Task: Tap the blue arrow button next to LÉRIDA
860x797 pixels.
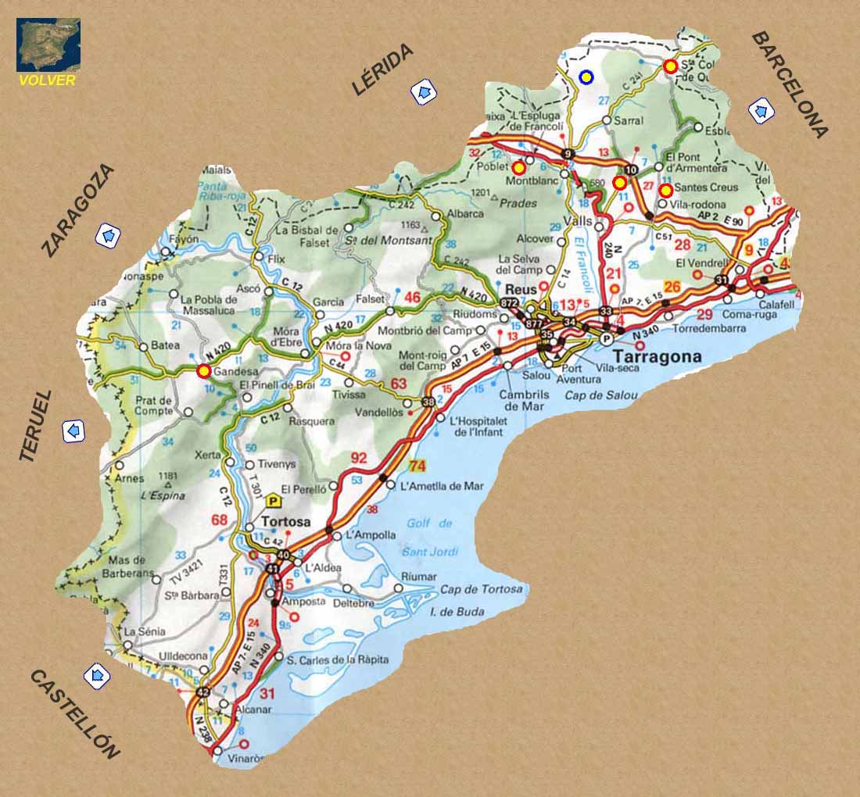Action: click(424, 93)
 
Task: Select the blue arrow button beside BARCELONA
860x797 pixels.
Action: click(761, 110)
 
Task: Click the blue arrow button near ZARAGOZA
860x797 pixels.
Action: click(108, 234)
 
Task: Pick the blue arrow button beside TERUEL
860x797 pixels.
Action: click(74, 431)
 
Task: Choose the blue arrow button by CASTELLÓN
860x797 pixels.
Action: click(97, 675)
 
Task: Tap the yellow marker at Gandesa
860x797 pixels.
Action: click(204, 371)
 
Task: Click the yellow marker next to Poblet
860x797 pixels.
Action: click(518, 168)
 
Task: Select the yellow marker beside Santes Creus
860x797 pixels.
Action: click(665, 190)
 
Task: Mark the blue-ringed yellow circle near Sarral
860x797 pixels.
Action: click(586, 77)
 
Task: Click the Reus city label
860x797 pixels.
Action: click(521, 288)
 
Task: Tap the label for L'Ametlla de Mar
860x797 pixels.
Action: click(442, 486)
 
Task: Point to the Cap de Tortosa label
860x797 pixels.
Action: click(481, 589)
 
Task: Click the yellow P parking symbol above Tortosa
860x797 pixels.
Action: click(274, 501)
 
